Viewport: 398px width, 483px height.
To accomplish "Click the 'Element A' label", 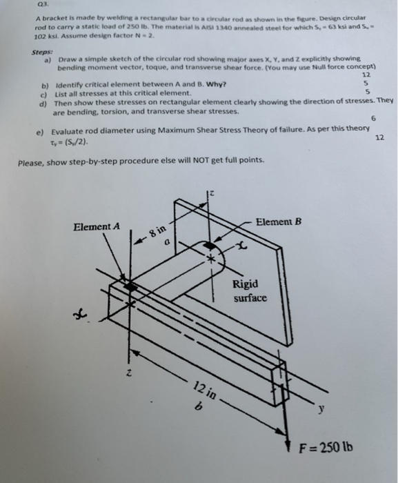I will (97, 226).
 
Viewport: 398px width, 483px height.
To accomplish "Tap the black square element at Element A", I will (129, 284).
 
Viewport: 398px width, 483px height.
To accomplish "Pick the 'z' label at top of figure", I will (212, 197).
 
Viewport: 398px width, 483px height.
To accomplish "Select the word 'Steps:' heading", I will (43, 52).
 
